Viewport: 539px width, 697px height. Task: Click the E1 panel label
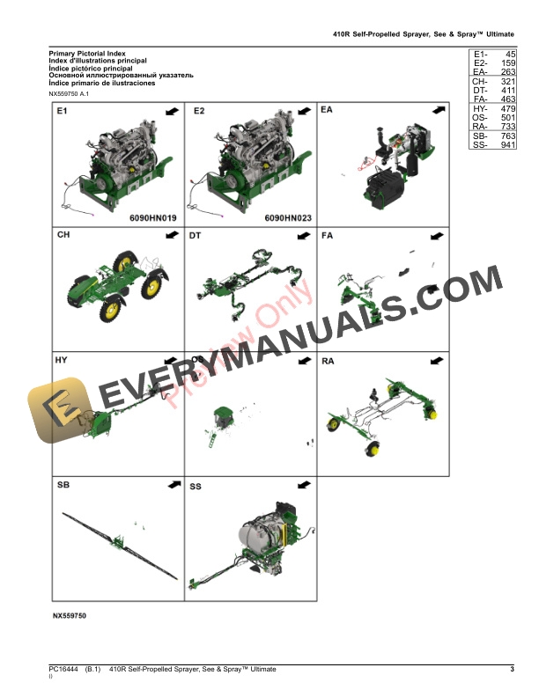[x=62, y=112]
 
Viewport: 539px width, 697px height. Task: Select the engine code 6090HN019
[x=153, y=216]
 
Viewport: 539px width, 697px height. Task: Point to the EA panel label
[x=328, y=112]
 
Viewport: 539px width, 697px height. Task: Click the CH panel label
[x=63, y=236]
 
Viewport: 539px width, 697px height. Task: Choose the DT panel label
[x=196, y=236]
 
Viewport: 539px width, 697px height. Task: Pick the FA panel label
[x=328, y=236]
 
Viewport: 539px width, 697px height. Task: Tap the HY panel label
[x=62, y=361]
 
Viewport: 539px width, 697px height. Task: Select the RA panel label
[x=328, y=361]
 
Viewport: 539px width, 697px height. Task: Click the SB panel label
[x=63, y=486]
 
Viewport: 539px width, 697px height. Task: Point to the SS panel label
[x=196, y=486]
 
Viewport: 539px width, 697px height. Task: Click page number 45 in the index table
[x=506, y=55]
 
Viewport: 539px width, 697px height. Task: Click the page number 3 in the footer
[x=512, y=671]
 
